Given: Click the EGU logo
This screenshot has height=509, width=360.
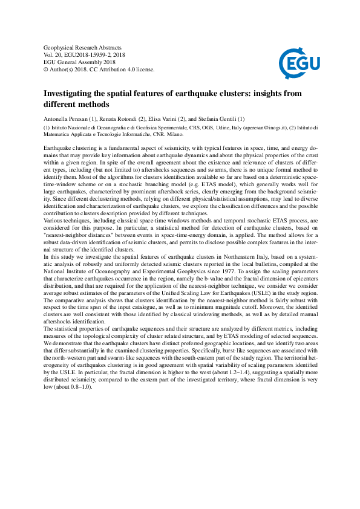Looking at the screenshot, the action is pyautogui.click(x=299, y=61).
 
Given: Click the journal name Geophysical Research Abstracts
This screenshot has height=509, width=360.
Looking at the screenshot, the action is pyautogui.click(x=83, y=47).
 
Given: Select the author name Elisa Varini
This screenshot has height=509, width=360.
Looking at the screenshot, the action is pyautogui.click(x=166, y=118).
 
